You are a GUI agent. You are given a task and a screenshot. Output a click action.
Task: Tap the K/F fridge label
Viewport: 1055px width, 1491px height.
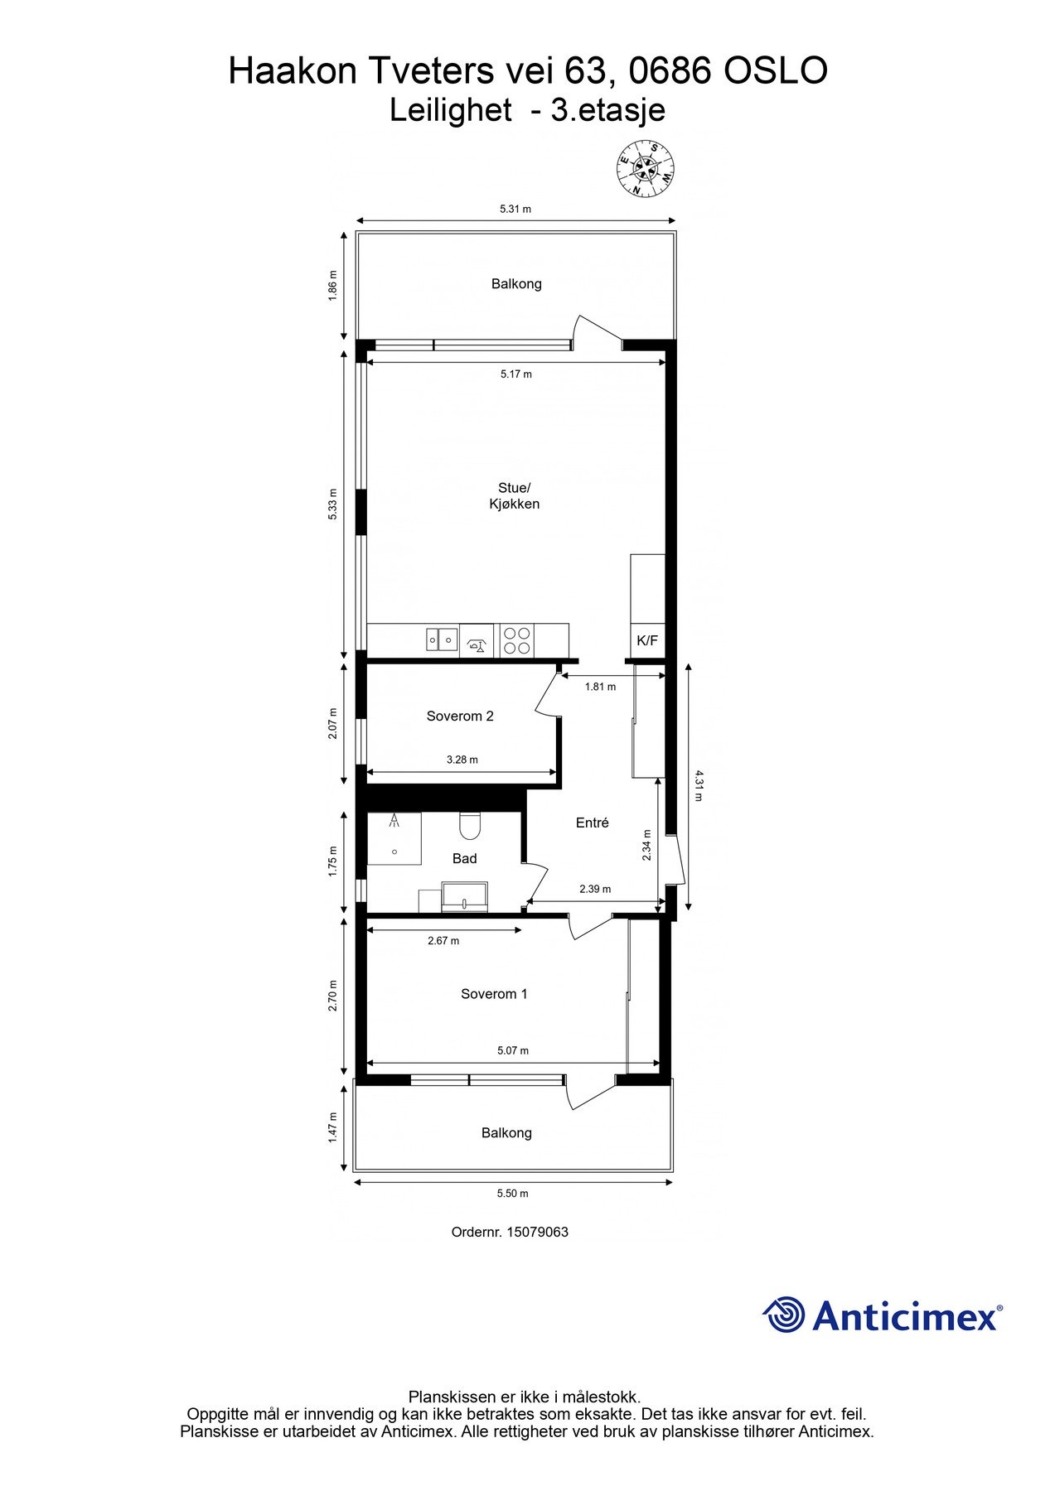tap(647, 640)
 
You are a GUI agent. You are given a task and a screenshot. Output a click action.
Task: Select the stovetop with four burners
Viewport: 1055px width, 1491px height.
tap(517, 640)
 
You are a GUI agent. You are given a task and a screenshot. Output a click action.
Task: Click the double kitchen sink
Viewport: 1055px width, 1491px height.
tap(442, 639)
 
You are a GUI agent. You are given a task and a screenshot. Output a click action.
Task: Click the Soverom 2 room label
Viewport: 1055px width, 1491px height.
tap(460, 717)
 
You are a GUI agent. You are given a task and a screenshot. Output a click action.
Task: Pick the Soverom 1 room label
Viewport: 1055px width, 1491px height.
tap(494, 994)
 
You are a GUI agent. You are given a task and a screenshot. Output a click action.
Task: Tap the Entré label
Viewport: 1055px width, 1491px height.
tap(593, 823)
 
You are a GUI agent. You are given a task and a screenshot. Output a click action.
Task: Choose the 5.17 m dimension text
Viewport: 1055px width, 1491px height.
tap(516, 374)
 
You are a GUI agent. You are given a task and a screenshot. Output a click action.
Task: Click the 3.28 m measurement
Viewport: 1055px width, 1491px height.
tap(462, 760)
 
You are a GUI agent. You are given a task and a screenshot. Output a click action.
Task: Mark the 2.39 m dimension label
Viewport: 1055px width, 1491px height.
tap(595, 889)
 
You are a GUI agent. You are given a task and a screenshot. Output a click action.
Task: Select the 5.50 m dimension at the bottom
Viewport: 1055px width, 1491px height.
tap(512, 1194)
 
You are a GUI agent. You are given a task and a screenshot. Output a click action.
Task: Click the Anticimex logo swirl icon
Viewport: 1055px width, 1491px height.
tap(784, 1315)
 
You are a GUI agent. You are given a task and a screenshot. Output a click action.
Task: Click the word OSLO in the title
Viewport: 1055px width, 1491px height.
tap(776, 71)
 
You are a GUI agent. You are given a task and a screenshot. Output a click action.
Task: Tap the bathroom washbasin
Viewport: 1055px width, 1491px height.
tap(465, 896)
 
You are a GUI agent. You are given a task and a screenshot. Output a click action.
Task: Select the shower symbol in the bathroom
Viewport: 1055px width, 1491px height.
tap(394, 822)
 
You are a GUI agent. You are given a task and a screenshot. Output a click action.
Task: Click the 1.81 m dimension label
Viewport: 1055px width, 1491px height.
tap(600, 687)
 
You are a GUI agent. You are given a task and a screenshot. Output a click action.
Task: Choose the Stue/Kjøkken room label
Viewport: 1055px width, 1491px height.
tap(514, 496)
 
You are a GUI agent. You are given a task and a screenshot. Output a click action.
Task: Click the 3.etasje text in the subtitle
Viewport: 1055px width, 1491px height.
tap(608, 110)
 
